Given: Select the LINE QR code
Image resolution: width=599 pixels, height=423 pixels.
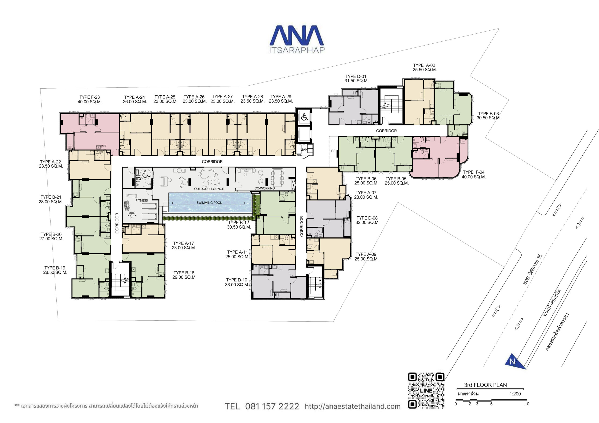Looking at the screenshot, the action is (x=426, y=390).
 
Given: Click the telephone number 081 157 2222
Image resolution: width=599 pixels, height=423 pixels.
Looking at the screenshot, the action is (x=272, y=406).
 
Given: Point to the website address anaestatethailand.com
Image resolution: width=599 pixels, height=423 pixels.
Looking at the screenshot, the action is (x=352, y=406).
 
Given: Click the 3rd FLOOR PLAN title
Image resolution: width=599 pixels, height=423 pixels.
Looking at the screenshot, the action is (x=486, y=385).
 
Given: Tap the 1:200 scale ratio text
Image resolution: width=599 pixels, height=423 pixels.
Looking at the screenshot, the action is (x=515, y=394).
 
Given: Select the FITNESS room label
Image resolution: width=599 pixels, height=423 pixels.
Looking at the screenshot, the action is (x=142, y=201).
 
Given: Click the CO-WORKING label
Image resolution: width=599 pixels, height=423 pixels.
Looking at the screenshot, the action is (x=265, y=188).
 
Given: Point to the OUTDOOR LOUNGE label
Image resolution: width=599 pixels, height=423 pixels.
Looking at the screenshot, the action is (x=209, y=189).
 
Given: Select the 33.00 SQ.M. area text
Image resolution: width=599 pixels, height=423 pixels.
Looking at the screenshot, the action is (x=237, y=285).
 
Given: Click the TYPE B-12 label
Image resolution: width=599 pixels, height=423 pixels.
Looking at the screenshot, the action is (x=238, y=222).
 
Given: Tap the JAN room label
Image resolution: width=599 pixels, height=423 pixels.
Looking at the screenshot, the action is (x=304, y=150).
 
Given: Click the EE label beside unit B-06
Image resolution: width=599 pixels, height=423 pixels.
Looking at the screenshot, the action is (x=333, y=151).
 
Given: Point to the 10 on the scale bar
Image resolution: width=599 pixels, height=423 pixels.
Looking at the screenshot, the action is (x=527, y=404).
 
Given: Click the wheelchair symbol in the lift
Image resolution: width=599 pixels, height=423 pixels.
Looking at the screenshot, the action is (x=304, y=117).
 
